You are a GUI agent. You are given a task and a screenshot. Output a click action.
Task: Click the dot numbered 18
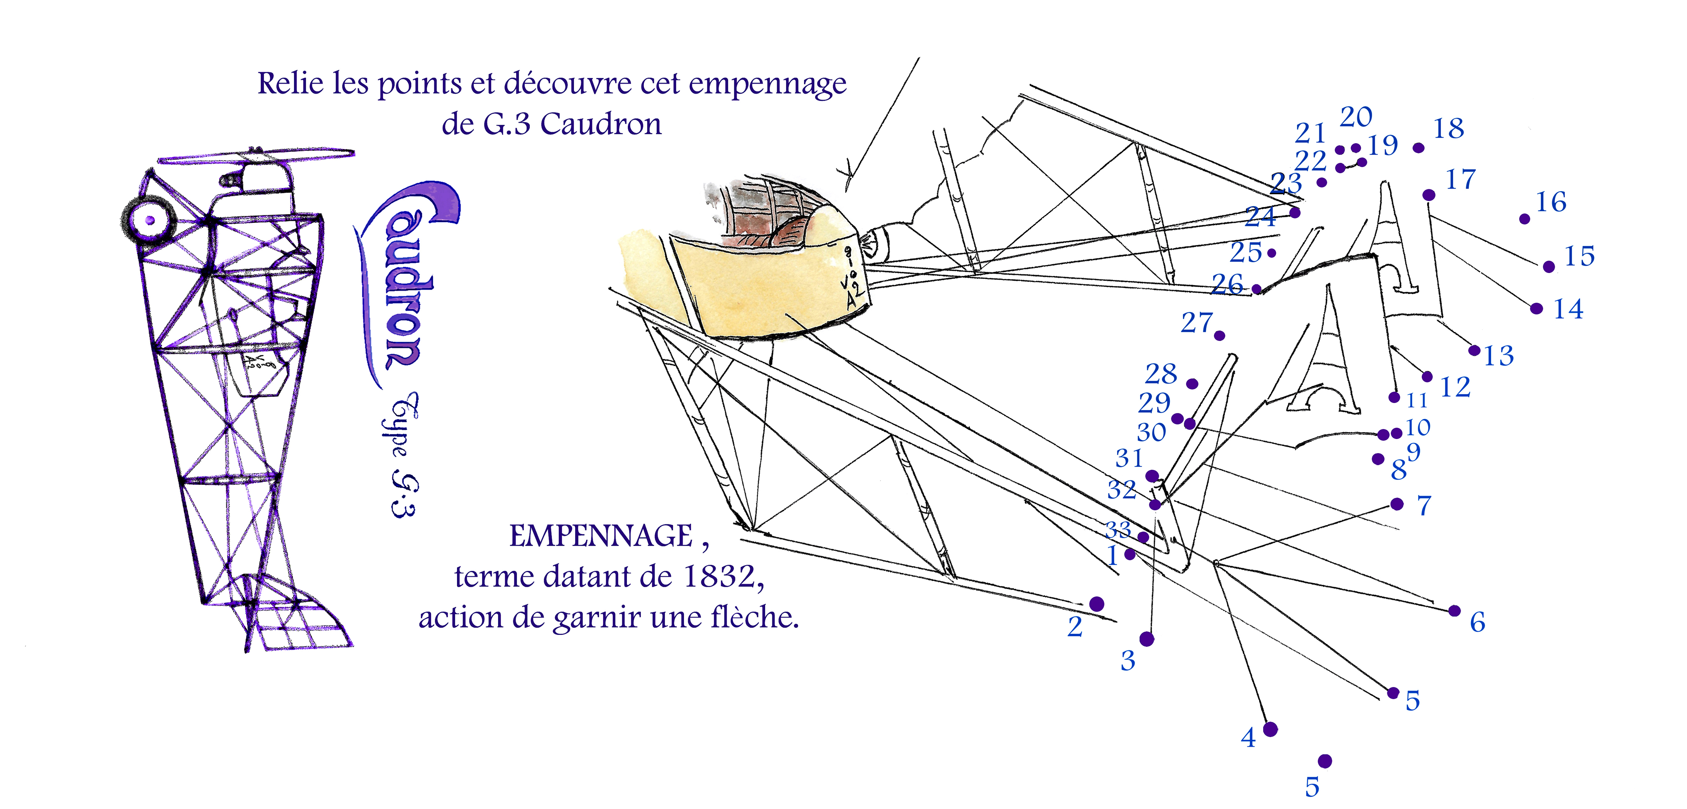coord(1419,148)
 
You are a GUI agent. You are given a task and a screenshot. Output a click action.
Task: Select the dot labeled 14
coord(1536,308)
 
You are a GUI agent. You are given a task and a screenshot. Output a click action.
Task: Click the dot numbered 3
coord(1147,639)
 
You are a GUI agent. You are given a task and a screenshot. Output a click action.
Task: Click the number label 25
coord(1246,252)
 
